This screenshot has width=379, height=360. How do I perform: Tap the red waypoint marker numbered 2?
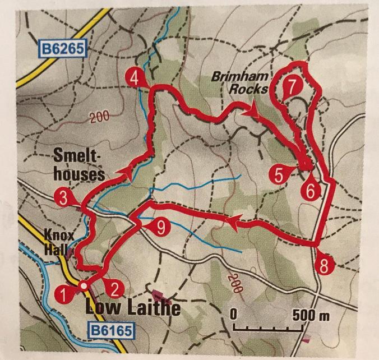pos(114,289)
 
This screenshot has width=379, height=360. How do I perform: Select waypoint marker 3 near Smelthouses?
pos(63,197)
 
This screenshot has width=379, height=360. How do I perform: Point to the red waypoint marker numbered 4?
pos(133,78)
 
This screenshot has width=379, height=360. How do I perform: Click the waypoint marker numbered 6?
pos(312,190)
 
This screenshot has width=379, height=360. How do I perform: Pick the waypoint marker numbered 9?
pos(160,227)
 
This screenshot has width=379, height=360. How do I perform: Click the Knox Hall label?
pos(55,241)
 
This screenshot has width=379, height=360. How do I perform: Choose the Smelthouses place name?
pos(80,165)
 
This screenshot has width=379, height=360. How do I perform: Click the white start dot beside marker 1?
pos(84,286)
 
